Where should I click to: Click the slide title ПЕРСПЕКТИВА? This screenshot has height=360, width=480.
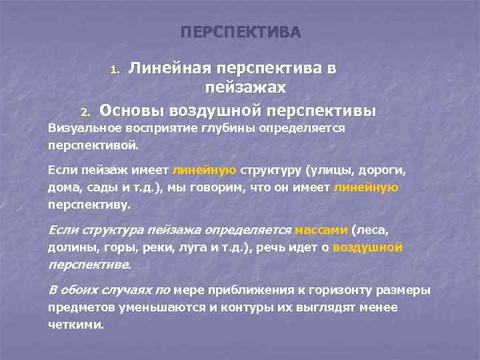(x=241, y=33)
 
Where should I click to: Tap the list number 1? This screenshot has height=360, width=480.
(x=114, y=69)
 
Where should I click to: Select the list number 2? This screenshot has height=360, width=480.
(x=85, y=111)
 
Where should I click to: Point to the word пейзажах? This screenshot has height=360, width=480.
(x=246, y=87)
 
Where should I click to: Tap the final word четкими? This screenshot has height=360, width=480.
(x=75, y=325)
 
